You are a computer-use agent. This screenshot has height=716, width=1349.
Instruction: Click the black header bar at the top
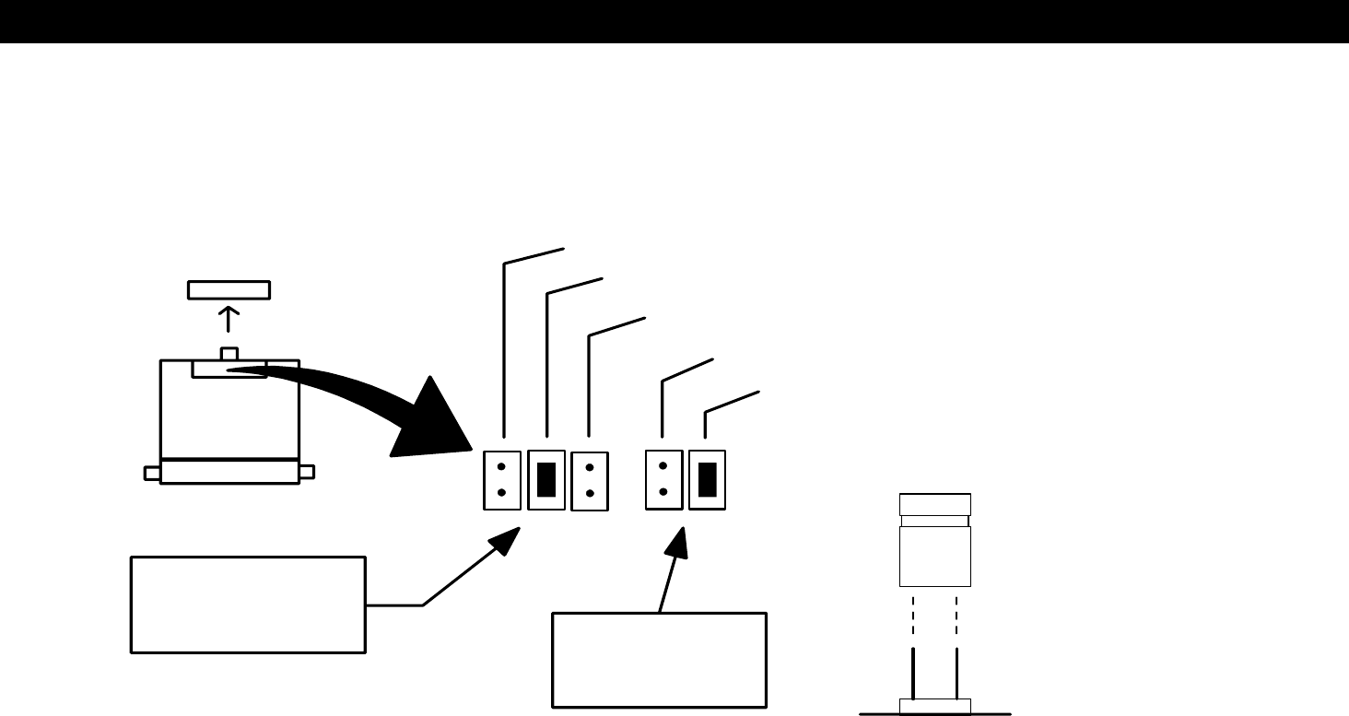674,20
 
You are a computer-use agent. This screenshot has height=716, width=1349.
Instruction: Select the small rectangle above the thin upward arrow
229,289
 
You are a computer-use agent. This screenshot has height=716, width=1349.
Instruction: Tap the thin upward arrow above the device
229,320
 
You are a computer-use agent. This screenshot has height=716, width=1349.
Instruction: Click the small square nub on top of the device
229,354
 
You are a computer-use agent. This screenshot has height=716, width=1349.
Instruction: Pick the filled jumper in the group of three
546,479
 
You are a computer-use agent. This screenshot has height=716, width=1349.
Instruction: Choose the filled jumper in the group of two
708,479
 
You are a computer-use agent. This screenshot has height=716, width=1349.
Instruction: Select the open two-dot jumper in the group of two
663,479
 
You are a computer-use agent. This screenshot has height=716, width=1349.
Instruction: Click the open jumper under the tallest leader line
502,479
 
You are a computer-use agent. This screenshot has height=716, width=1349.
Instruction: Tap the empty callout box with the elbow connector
248,604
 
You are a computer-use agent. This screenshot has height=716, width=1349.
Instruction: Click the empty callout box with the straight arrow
659,660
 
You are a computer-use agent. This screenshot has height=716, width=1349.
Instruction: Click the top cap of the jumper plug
934,504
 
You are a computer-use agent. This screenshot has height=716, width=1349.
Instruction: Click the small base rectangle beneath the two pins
934,707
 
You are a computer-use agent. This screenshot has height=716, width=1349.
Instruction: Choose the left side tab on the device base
152,473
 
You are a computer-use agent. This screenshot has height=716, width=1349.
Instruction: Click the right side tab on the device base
307,472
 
